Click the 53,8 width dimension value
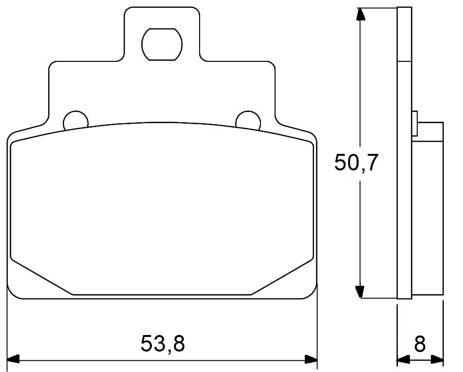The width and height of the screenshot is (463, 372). [163, 344]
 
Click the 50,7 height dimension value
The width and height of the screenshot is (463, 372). [356, 163]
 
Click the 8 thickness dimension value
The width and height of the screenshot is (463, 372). [420, 344]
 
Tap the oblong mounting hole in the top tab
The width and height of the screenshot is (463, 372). [162, 43]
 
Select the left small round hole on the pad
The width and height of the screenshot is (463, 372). [76, 119]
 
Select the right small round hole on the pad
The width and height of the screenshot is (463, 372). [247, 119]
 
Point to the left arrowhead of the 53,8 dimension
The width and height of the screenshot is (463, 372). [14, 360]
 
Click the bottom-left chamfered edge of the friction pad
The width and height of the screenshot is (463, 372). [41, 277]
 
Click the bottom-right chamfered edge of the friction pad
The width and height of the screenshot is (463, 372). [282, 277]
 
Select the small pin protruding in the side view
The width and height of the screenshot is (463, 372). [415, 124]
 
